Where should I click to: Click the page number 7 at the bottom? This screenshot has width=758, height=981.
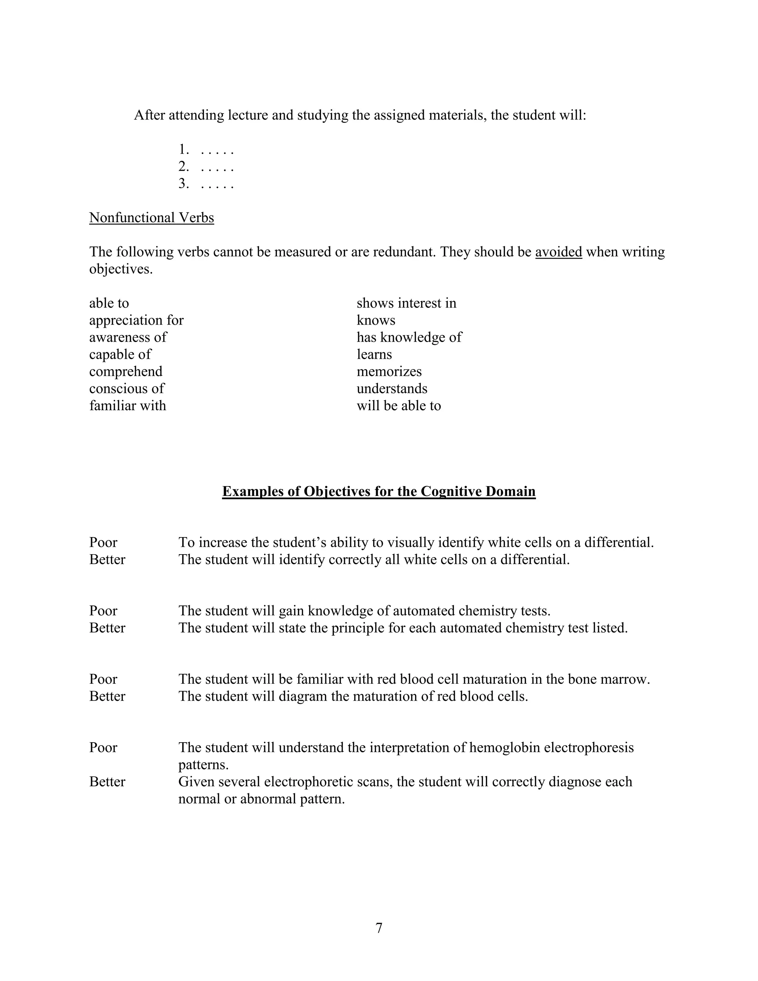379,928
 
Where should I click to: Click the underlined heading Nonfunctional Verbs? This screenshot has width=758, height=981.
151,218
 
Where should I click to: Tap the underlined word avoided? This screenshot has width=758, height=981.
558,252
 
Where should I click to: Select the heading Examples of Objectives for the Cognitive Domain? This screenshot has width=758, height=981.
379,491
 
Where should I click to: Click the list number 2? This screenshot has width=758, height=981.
183,167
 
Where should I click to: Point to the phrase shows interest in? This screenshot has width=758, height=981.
406,303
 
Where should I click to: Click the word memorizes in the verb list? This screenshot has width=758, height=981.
389,371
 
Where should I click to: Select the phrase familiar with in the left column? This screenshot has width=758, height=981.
128,406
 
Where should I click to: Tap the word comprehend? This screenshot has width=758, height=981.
126,371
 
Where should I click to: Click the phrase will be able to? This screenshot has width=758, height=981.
398,406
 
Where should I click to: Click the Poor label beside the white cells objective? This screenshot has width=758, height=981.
103,543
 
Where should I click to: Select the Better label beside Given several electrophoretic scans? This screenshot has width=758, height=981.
107,781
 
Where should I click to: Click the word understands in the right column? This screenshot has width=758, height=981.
392,389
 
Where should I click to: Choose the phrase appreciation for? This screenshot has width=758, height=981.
136,320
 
